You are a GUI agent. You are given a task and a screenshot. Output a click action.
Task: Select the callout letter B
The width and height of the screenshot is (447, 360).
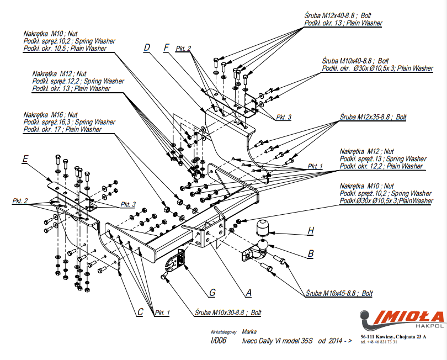point(311,253)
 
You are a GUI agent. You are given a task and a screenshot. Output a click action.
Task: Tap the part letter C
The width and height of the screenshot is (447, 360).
point(140,312)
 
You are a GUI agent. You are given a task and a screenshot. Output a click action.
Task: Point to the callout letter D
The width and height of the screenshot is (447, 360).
point(147,48)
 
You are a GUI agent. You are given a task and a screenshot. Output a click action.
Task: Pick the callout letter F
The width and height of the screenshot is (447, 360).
point(166,47)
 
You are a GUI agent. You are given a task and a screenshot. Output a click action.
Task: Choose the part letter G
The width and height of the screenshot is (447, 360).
point(212,292)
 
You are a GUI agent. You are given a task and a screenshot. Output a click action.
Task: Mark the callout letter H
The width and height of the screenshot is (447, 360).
point(311,230)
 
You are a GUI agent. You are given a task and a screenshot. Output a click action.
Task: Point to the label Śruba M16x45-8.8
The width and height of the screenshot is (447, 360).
point(339,293)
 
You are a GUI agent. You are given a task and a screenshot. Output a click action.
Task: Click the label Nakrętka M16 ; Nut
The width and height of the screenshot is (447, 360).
point(50,114)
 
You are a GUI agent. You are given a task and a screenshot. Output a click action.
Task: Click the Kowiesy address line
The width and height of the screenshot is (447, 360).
point(393,336)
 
